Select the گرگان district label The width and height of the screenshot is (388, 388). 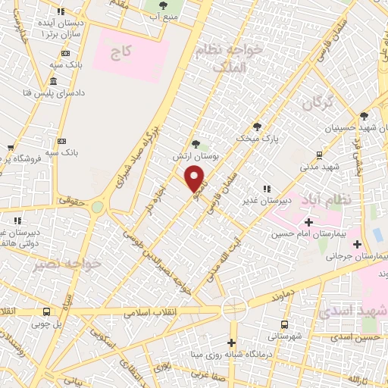(318, 104)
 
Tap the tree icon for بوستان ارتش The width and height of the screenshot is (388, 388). (196, 143)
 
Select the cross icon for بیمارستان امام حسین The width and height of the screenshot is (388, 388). (308, 222)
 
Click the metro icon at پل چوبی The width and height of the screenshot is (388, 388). (47, 312)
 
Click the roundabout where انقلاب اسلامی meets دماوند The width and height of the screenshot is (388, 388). (234, 308)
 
